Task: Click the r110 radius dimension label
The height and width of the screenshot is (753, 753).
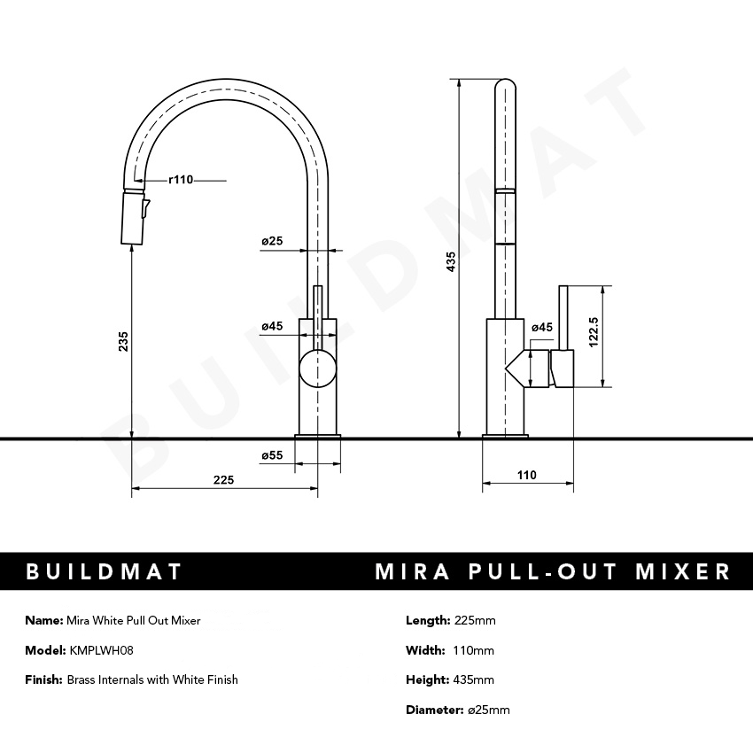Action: (x=180, y=180)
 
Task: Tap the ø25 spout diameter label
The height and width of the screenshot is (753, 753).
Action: (x=271, y=241)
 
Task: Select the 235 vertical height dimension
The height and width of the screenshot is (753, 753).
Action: (x=123, y=341)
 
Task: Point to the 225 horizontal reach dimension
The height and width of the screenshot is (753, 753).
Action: (x=223, y=479)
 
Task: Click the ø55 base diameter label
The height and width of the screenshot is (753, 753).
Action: (x=271, y=455)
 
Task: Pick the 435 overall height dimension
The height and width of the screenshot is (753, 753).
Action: (x=451, y=261)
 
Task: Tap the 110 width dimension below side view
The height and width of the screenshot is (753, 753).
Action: (x=526, y=475)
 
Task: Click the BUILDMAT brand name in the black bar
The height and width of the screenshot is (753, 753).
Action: (x=104, y=571)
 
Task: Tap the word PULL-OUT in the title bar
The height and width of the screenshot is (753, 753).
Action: (x=545, y=571)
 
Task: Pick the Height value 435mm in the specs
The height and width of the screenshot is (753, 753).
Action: (x=474, y=679)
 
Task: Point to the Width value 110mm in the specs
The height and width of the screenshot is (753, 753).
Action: (x=475, y=650)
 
